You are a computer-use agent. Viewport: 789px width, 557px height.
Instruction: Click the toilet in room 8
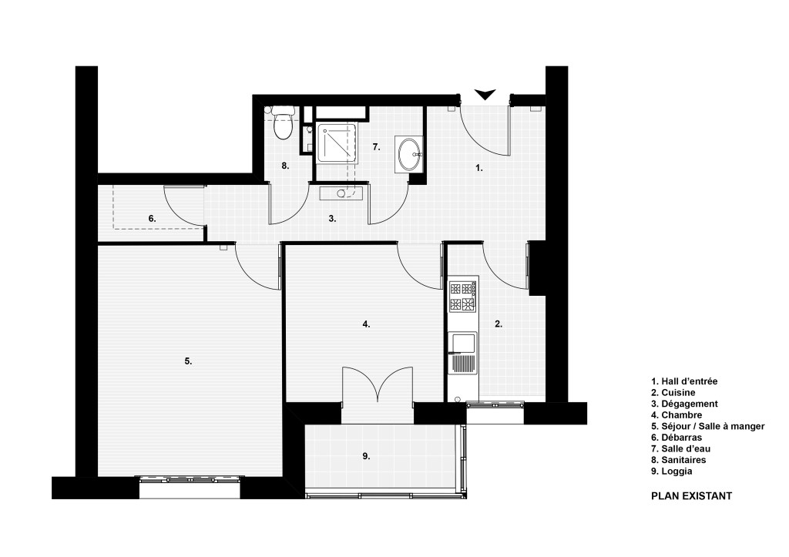tap(283, 122)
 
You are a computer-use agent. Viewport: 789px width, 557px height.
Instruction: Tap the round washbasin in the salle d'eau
tap(410, 154)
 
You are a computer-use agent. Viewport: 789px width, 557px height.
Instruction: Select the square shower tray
tap(337, 143)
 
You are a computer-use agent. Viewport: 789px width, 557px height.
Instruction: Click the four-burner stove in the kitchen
tap(463, 297)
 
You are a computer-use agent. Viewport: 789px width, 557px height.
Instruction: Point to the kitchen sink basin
tap(462, 342)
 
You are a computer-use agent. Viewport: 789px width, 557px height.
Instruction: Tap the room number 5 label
tap(188, 361)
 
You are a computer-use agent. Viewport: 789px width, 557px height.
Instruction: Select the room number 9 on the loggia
tap(366, 456)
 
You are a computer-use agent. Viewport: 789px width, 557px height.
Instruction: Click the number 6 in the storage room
tap(152, 219)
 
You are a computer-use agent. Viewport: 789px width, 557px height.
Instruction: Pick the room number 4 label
tap(366, 324)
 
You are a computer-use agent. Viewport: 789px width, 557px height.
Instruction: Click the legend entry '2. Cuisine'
tap(673, 392)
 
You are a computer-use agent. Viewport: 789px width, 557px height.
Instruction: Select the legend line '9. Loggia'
tap(672, 471)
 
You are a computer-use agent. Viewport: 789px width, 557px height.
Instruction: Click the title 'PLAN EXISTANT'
tap(691, 496)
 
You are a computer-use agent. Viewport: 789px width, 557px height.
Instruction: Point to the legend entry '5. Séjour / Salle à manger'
tap(708, 426)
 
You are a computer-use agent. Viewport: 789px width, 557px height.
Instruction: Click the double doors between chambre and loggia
tap(378, 385)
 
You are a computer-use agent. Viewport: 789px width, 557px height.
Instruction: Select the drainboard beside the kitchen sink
tap(462, 363)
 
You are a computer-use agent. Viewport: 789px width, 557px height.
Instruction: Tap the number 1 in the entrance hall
tap(479, 168)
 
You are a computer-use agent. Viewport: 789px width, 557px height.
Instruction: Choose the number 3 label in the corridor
tap(332, 219)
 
